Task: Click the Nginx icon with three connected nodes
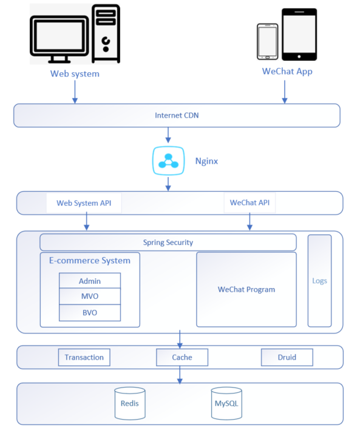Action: (x=168, y=161)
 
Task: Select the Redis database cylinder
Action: (x=130, y=403)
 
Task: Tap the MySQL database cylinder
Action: (x=226, y=403)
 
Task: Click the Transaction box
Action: (x=84, y=357)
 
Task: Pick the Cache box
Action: (x=182, y=357)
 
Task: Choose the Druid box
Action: (x=287, y=357)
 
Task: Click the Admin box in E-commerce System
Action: (x=90, y=281)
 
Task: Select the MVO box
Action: (x=90, y=297)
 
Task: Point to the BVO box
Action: (x=90, y=312)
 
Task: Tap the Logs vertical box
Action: (x=320, y=281)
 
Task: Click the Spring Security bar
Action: (x=168, y=242)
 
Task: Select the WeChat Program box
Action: (x=246, y=289)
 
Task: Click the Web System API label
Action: (x=84, y=203)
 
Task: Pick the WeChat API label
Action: (x=250, y=203)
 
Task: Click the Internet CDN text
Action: (x=177, y=115)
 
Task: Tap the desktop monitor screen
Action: (x=59, y=36)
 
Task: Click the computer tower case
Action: (x=106, y=33)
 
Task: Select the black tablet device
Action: (x=299, y=34)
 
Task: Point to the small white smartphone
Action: (x=267, y=41)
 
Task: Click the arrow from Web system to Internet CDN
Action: (x=75, y=92)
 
